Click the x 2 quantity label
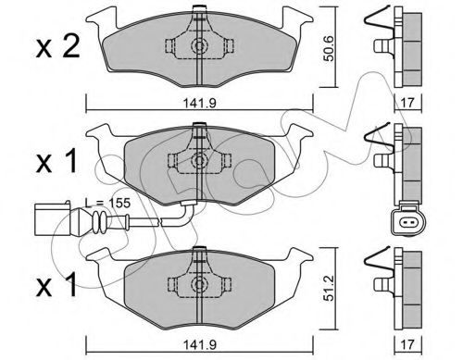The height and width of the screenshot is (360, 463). (x=57, y=46)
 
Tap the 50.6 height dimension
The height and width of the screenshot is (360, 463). (x=328, y=48)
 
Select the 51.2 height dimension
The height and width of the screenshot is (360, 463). (x=328, y=288)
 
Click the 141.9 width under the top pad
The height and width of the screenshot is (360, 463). (x=200, y=103)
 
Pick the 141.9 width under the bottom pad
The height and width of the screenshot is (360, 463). (x=200, y=344)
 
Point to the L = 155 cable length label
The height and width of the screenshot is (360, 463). (x=107, y=203)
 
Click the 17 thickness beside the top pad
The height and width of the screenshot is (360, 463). (x=407, y=103)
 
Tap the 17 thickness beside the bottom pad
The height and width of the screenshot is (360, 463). (x=407, y=344)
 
